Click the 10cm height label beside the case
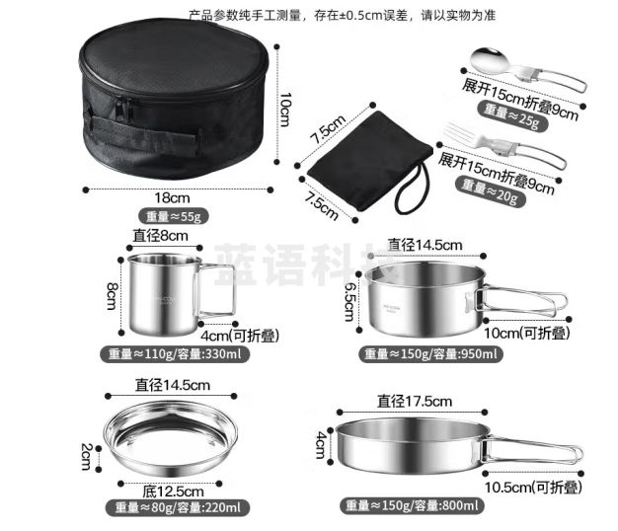pos(282,109)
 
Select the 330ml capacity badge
pos(173,354)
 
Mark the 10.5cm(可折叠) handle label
pos(532,487)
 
